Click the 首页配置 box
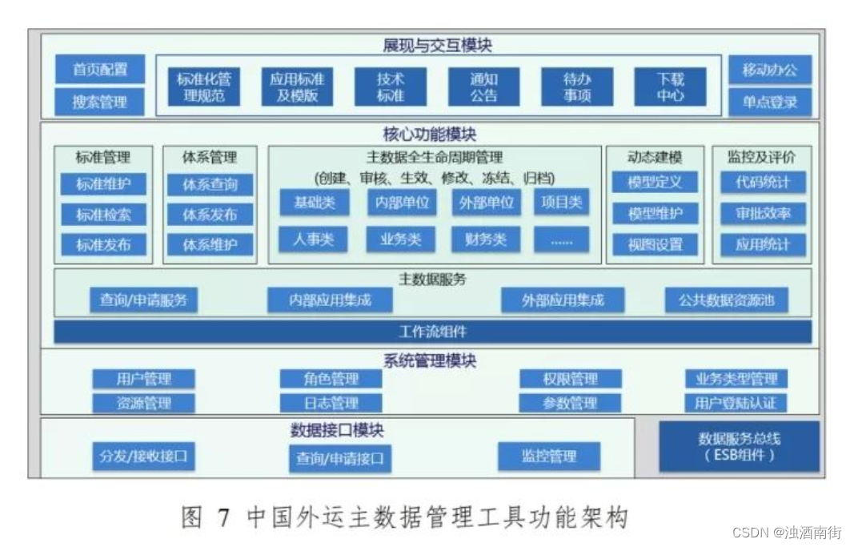[x=100, y=70]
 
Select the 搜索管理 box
[x=100, y=103]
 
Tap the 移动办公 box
[x=769, y=70]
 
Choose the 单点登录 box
[x=769, y=103]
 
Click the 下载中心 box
[x=671, y=87]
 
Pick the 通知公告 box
[x=483, y=87]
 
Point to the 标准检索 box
[x=103, y=215]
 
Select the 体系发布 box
[x=210, y=215]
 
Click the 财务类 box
[x=485, y=239]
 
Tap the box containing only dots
[x=561, y=239]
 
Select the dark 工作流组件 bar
[x=432, y=332]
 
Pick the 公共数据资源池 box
[x=727, y=300]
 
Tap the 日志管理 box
[x=331, y=403]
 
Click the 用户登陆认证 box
[x=735, y=403]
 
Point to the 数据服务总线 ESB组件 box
[x=739, y=447]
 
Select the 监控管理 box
[x=549, y=457]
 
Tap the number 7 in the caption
[x=224, y=518]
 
